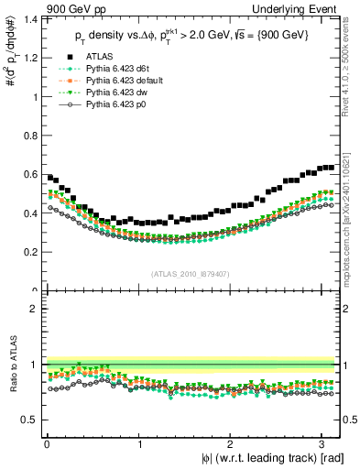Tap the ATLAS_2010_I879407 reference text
pyautogui.click(x=191, y=274)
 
